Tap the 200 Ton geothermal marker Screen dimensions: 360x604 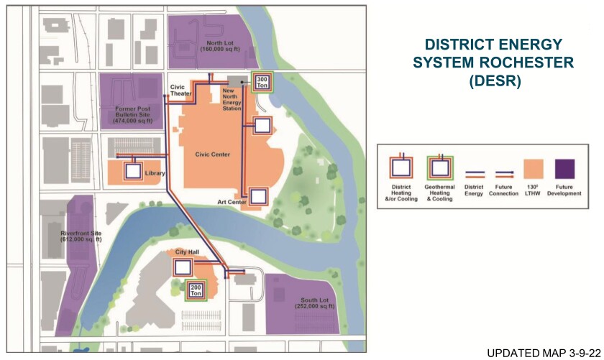point(196,290)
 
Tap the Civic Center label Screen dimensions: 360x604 point(210,153)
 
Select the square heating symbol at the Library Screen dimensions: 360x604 point(133,172)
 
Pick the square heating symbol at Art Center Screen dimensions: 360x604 point(258,195)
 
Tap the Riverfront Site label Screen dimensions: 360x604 point(81,234)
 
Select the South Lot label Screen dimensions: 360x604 point(315,303)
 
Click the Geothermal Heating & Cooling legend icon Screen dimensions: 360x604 point(439,168)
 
